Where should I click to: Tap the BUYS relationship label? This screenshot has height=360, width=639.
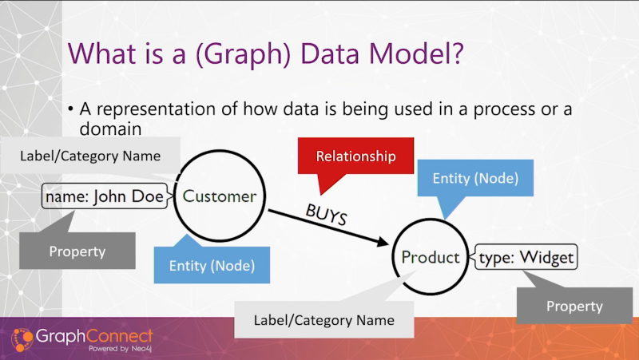pos(327,214)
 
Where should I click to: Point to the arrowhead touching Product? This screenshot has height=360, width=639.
pos(383,242)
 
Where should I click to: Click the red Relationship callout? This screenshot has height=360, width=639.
pos(355,156)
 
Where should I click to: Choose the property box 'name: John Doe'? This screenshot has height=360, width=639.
pos(105,196)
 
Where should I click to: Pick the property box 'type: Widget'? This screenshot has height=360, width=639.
pos(526,257)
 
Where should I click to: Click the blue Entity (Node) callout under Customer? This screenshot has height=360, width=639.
pos(212,265)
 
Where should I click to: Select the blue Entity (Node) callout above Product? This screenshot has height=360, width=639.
pos(475,178)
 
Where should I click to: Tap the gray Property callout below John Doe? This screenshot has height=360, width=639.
pos(77,251)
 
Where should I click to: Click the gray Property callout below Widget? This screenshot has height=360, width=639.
pos(574,306)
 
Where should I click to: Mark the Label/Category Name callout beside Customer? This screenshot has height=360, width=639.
pos(90,156)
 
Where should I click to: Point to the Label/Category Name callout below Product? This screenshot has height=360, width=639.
pos(324,319)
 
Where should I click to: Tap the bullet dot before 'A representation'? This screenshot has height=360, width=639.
pos(71,109)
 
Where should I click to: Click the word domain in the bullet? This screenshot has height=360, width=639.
pos(110,129)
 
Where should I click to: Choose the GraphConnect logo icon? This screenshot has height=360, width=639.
pos(22,339)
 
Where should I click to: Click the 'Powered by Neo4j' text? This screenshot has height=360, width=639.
pos(121,349)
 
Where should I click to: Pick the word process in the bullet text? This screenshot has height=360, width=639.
pos(504,109)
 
